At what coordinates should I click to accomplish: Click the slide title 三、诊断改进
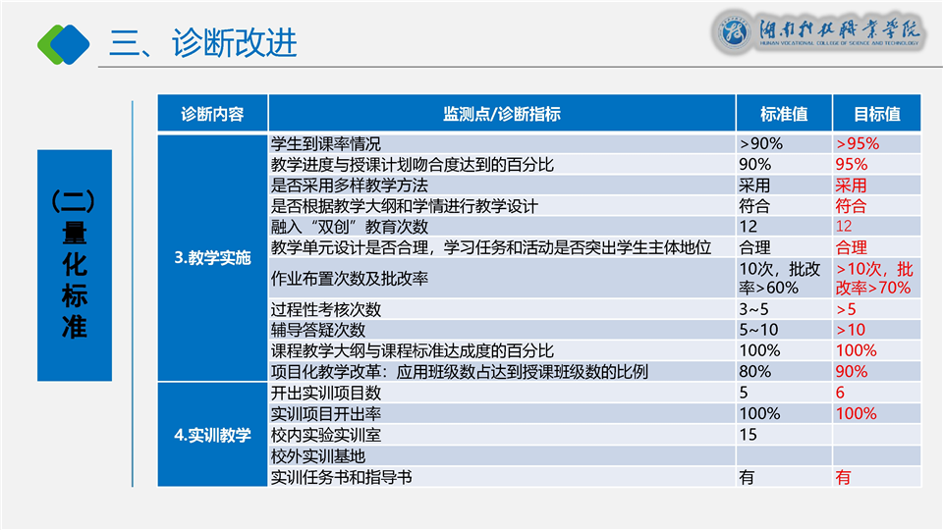coord(203,42)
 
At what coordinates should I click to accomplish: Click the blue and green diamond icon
coord(63,44)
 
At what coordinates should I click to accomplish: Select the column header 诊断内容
coord(212,114)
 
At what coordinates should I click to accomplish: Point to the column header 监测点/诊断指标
coord(502,114)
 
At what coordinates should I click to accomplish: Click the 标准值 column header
coord(784,114)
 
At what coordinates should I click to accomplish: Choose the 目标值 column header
coord(877,114)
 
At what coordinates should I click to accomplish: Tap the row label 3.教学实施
coord(212,258)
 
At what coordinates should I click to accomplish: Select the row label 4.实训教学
coord(212,435)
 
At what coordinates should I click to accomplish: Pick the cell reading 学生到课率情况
coord(325,144)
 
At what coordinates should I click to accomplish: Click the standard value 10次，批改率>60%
coord(779,278)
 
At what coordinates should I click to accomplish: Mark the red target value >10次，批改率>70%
coord(874,278)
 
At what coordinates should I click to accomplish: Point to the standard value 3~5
coord(753,309)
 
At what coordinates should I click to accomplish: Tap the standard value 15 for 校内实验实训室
coord(748,435)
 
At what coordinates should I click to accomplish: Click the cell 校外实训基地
coord(318,456)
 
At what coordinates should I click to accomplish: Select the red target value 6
coord(840,393)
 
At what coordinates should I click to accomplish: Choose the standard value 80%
coord(754,371)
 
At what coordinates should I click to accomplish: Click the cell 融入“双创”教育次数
coord(349,227)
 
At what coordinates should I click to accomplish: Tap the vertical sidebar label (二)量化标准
coord(74,264)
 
